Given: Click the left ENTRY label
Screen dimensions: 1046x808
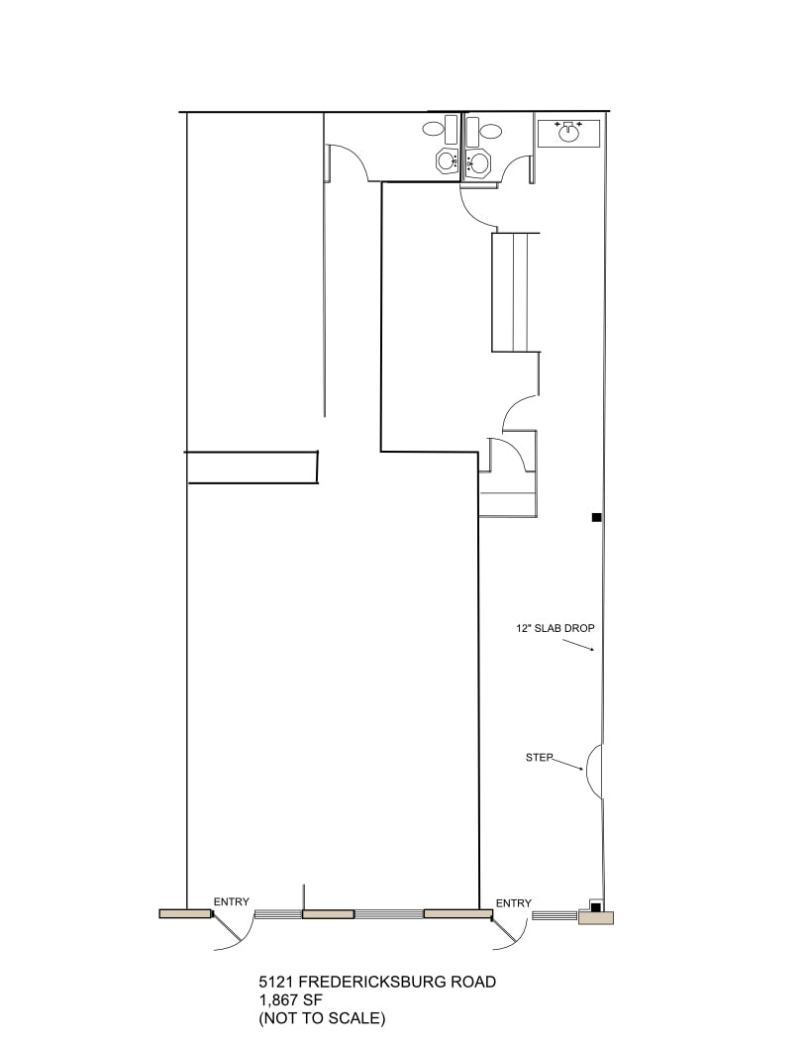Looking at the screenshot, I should pos(232,901).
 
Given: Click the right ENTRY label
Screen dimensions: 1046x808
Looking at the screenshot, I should pos(514,902).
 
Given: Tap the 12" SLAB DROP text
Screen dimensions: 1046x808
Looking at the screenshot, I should pos(555,628).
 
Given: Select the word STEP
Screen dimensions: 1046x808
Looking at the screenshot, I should pos(539,758).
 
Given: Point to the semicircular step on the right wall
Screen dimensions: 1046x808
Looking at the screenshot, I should pos(594,771).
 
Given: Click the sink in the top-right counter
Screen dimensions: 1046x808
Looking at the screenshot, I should pos(568,133).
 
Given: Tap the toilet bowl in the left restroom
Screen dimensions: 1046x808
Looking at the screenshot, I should pos(433,129).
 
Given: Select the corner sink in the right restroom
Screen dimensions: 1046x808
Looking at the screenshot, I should pos(478,161).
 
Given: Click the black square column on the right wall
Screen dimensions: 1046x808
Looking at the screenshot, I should pos(596,517).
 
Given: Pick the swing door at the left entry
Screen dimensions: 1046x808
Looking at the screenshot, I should pos(233,931).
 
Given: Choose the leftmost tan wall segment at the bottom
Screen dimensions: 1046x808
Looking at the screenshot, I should pos(185,913).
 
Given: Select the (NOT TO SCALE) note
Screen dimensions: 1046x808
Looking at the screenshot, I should pos(322,1017).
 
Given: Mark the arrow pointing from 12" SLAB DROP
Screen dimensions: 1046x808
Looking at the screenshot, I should pos(577,644).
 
